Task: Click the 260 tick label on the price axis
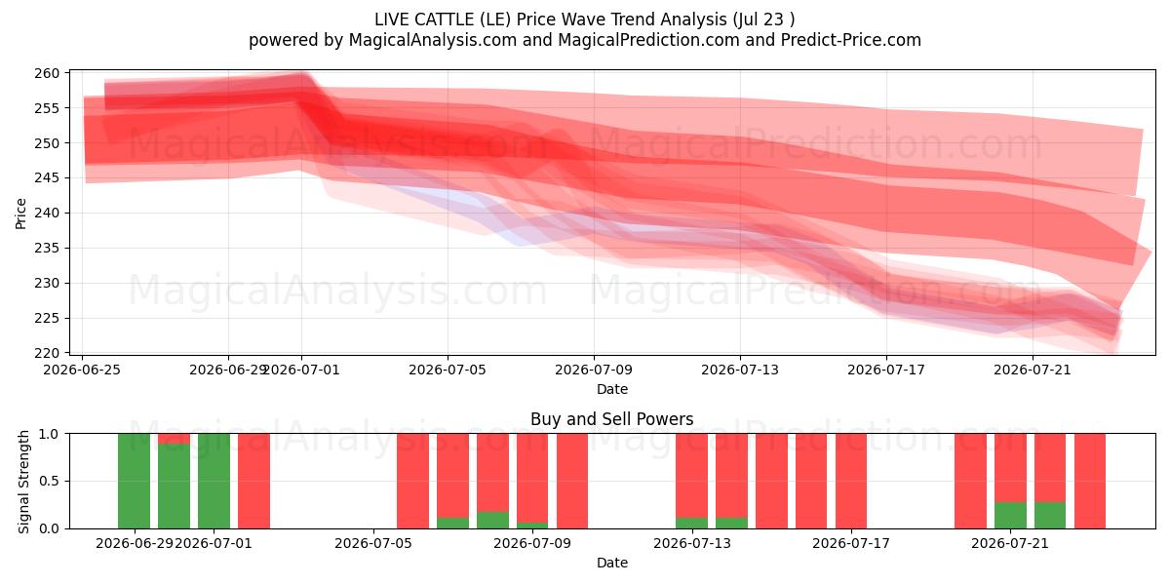(x=47, y=73)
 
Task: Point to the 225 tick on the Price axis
(x=47, y=318)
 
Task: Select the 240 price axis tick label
(x=47, y=214)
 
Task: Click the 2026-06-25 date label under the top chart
(x=82, y=370)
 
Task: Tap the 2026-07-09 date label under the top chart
(x=594, y=370)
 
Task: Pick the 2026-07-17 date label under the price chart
(x=886, y=370)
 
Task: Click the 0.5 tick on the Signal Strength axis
(x=49, y=481)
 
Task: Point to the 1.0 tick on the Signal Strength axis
(x=49, y=434)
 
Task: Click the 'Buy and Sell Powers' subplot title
(x=611, y=419)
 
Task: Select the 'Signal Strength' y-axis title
(x=23, y=482)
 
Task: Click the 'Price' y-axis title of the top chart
(x=20, y=214)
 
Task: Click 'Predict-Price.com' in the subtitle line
(x=851, y=40)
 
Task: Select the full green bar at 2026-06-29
(x=135, y=481)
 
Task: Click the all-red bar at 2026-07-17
(x=851, y=481)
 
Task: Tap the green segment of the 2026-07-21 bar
(x=1010, y=516)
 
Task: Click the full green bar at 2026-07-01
(x=214, y=481)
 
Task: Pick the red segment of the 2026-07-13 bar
(x=691, y=476)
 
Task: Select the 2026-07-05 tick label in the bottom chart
(x=373, y=544)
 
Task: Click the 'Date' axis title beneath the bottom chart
(x=612, y=564)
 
